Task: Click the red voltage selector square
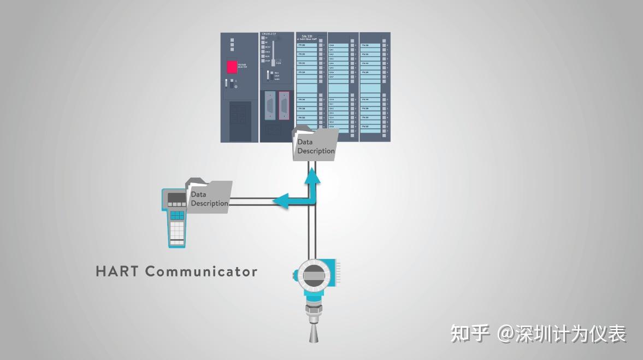pyautogui.click(x=232, y=67)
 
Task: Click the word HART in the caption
pyautogui.click(x=116, y=271)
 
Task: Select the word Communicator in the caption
pyautogui.click(x=202, y=271)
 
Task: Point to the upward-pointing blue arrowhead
pyautogui.click(x=314, y=175)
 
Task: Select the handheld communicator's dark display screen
pyautogui.click(x=176, y=198)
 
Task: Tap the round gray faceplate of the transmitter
pyautogui.click(x=313, y=274)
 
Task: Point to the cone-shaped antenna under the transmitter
pyautogui.click(x=314, y=334)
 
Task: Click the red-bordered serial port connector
pyautogui.click(x=284, y=105)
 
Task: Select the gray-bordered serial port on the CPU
pyautogui.click(x=269, y=105)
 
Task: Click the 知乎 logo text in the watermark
pyautogui.click(x=470, y=333)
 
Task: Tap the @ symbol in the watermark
pyautogui.click(x=505, y=333)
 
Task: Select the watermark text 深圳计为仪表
pyautogui.click(x=571, y=333)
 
